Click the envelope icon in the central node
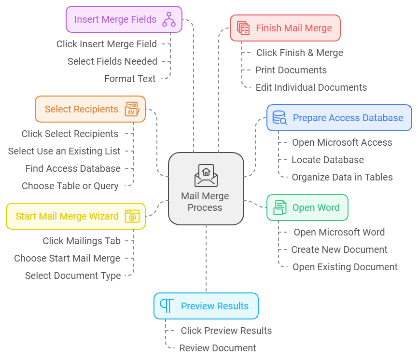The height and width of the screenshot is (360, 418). (206, 175)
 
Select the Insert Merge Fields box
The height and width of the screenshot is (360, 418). (124, 19)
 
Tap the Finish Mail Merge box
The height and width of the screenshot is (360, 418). (285, 28)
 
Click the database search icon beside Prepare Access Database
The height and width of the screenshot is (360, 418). (279, 118)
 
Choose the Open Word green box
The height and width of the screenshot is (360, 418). (307, 208)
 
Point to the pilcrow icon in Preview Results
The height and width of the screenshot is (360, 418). (167, 306)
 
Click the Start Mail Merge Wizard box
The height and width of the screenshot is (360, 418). (75, 216)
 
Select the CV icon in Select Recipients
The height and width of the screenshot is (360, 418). (132, 109)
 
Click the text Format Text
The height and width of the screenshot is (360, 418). (130, 79)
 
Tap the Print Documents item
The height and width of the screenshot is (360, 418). (291, 70)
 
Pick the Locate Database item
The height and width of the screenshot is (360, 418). (327, 160)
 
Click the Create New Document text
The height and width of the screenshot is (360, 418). (339, 249)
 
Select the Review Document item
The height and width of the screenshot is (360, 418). (217, 348)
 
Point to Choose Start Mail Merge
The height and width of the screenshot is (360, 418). (67, 258)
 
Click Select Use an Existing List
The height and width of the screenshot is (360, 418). (64, 151)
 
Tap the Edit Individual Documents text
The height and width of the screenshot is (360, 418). (311, 87)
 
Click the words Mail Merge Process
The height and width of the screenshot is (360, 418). (205, 202)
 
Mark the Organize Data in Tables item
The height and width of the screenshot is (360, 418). (342, 177)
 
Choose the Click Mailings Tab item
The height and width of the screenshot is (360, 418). (82, 241)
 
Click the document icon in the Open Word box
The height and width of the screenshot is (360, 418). (280, 208)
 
